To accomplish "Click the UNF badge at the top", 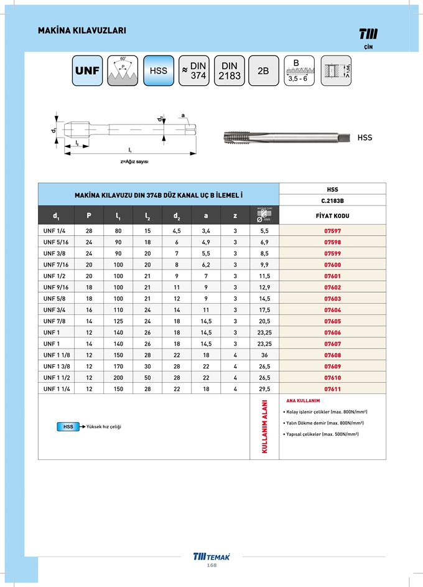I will click(87, 70).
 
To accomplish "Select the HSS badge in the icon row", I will click(159, 70).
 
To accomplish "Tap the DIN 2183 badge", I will click(230, 70).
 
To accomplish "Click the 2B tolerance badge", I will click(263, 70).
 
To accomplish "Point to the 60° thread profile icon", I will click(123, 70).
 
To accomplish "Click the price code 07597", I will click(333, 230).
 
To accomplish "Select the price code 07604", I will click(333, 309).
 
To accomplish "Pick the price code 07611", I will click(333, 388).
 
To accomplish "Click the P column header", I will click(89, 215).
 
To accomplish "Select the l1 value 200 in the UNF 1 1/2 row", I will click(118, 377).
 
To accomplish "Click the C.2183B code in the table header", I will click(333, 200).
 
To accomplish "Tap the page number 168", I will click(211, 565).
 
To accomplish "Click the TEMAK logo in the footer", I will click(211, 556).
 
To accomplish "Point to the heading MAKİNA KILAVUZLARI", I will click(82, 30).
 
